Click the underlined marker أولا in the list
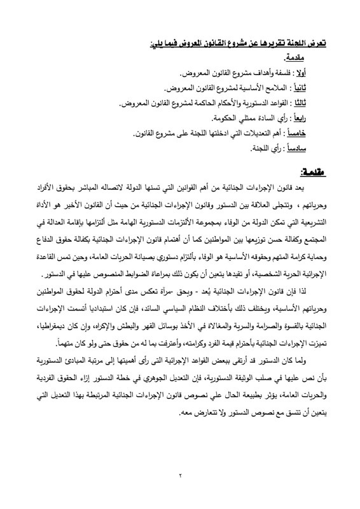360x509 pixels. pos(320,68)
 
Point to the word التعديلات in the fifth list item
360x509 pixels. pos(266,134)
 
